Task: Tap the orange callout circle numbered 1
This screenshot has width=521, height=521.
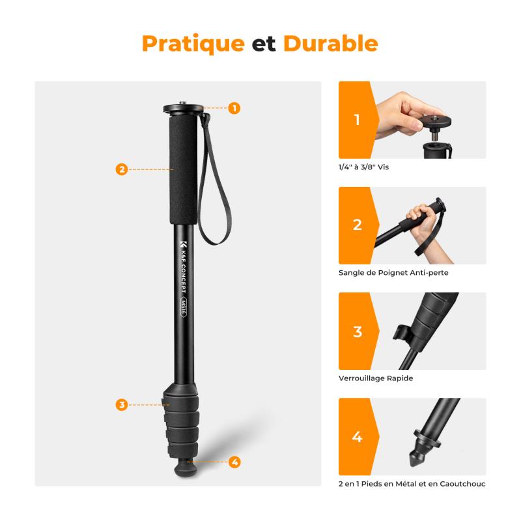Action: (x=234, y=108)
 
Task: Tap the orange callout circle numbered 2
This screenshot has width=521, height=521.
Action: (x=121, y=169)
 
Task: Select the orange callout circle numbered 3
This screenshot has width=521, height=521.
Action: (x=121, y=404)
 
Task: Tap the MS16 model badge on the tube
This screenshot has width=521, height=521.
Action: (x=182, y=304)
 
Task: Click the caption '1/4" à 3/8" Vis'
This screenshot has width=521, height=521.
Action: (x=363, y=167)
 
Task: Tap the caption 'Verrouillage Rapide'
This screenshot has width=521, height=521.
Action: (x=375, y=378)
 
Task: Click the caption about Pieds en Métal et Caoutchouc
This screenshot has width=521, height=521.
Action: (x=412, y=484)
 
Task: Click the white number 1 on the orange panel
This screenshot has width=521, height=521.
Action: (x=357, y=120)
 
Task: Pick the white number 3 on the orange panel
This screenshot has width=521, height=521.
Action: (x=357, y=331)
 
